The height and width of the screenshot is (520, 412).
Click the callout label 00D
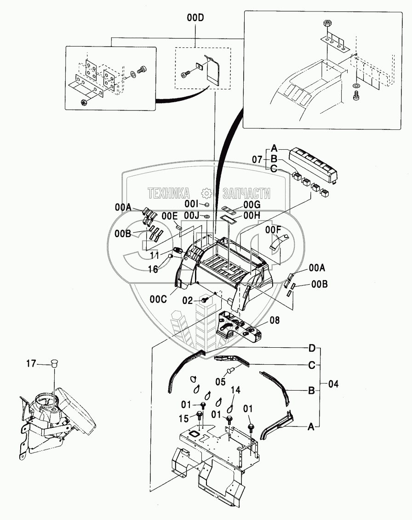click(195, 18)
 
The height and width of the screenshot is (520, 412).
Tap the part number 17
click(31, 364)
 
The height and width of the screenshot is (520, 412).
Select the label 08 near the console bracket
click(275, 321)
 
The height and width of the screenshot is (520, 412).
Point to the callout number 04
click(333, 384)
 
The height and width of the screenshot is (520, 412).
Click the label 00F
click(273, 229)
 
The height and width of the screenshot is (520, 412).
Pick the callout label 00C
click(158, 299)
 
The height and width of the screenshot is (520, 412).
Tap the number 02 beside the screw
click(188, 300)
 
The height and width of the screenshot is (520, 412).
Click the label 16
click(153, 269)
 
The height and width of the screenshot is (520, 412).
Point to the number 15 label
click(184, 419)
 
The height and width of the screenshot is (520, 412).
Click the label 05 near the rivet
click(220, 382)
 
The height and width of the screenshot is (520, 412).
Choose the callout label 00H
click(252, 216)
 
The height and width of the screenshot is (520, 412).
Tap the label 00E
click(170, 216)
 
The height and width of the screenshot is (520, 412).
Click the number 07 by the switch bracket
click(257, 159)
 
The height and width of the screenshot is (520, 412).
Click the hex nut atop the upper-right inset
click(326, 24)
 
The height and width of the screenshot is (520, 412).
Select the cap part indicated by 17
click(54, 362)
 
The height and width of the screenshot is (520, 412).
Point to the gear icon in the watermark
click(206, 193)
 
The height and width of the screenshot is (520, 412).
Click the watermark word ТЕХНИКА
click(169, 193)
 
